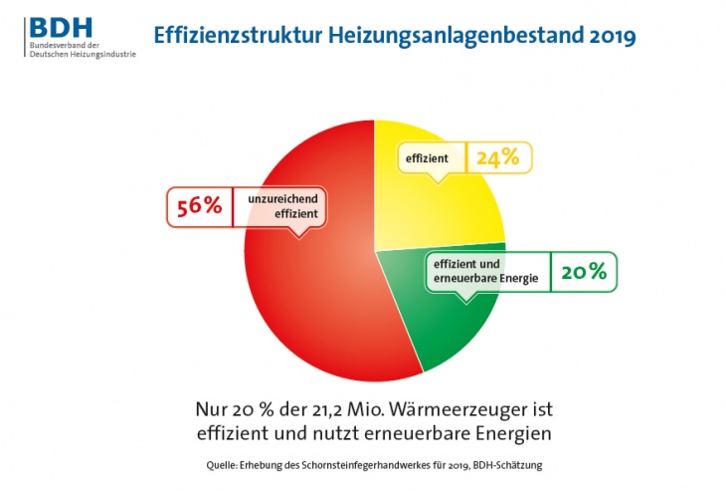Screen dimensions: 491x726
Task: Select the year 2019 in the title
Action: (x=607, y=35)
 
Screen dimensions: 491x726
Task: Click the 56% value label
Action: (x=198, y=207)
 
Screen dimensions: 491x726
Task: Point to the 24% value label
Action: (x=497, y=158)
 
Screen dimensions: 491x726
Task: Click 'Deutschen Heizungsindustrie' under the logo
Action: (x=82, y=53)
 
